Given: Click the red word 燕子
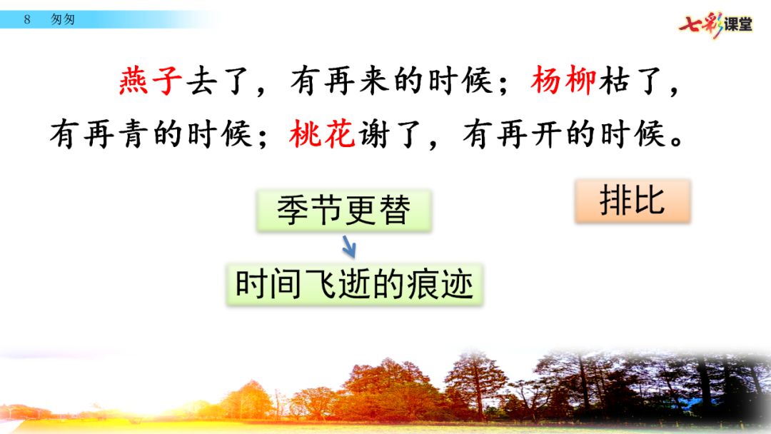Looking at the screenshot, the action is (151, 80).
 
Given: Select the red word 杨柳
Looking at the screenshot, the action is (563, 80).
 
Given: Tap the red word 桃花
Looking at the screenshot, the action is (322, 133).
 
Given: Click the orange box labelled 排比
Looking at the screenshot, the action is (633, 201).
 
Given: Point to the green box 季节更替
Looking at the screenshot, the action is (343, 211).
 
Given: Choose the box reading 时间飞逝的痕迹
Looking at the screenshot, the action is (355, 285).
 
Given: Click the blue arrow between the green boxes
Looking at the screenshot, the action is (349, 247).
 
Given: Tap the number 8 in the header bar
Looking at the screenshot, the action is (27, 20).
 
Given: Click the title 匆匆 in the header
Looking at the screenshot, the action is (63, 20).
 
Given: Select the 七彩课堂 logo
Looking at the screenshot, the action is (715, 24).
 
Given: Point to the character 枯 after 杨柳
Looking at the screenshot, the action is (614, 80).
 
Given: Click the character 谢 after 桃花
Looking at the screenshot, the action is (373, 133).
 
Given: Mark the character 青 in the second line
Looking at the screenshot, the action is (133, 133).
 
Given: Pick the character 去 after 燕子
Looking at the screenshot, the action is (202, 80).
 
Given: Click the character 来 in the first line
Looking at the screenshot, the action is (374, 80).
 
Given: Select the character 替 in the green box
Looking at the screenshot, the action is (395, 211).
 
